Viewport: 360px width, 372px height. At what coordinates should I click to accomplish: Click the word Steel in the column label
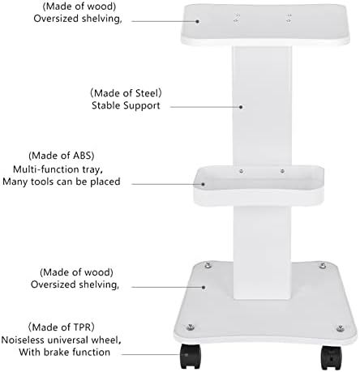146,93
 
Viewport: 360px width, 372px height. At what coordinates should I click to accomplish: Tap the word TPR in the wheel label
82,327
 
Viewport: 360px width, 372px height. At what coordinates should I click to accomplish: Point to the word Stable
105,105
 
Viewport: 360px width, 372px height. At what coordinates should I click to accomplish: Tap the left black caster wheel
191,357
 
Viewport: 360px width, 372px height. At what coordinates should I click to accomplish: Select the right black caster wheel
331,358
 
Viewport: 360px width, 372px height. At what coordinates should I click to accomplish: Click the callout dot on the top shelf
198,21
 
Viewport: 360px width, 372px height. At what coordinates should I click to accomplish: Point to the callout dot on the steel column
241,107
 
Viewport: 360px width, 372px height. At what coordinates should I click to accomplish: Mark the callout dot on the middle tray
203,184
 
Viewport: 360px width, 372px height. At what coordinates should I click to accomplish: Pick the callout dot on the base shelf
204,287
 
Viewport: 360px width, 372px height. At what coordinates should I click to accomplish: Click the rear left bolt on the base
208,265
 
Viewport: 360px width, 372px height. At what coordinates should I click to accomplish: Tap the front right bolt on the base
340,328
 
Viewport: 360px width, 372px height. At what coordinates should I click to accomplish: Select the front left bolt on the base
191,327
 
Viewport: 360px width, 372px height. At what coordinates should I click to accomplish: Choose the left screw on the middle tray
242,171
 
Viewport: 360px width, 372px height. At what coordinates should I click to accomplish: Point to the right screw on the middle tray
282,171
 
